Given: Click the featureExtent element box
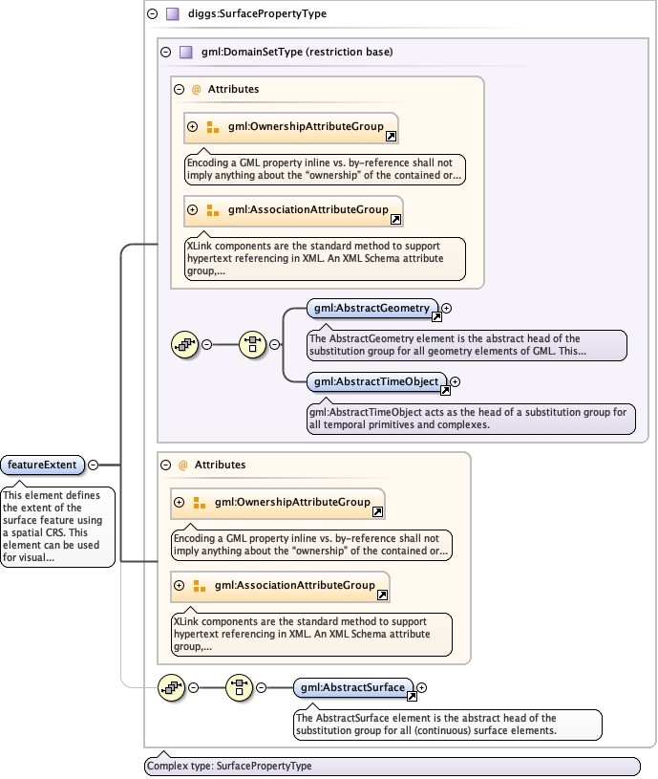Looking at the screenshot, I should coord(44,465).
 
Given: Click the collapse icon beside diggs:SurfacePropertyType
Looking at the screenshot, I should coord(153,14).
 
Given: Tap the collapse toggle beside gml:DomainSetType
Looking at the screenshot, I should coord(166,52).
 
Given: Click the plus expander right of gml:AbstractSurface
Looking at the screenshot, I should coord(422,687).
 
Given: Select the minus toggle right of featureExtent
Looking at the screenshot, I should coord(93,465).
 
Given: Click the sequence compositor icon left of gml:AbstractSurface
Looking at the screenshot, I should coord(239,686).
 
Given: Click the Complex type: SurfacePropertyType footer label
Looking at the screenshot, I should coord(229,767).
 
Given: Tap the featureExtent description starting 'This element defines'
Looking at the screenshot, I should coord(57,527).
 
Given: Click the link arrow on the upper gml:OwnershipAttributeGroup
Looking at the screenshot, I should coord(391,138).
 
